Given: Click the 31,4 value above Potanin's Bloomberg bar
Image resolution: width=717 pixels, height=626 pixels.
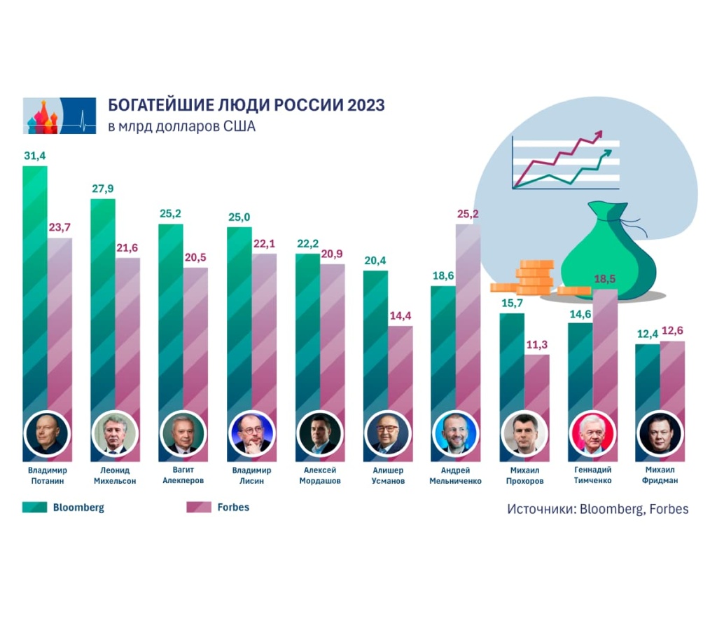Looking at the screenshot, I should click(34, 156).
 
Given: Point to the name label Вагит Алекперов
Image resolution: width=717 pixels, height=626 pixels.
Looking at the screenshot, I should click(182, 475).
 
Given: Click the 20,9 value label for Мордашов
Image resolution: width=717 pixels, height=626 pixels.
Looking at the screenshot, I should click(333, 252).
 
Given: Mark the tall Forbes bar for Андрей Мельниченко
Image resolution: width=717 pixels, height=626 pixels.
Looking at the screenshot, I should click(468, 315).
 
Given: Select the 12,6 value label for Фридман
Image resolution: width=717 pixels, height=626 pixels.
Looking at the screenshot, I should click(673, 332).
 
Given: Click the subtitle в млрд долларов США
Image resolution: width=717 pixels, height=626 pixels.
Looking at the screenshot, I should click(181, 127).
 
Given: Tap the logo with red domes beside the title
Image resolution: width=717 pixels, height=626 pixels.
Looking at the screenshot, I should click(60, 116).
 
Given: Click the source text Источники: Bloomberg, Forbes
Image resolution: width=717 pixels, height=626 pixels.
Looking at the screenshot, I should click(597, 509).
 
